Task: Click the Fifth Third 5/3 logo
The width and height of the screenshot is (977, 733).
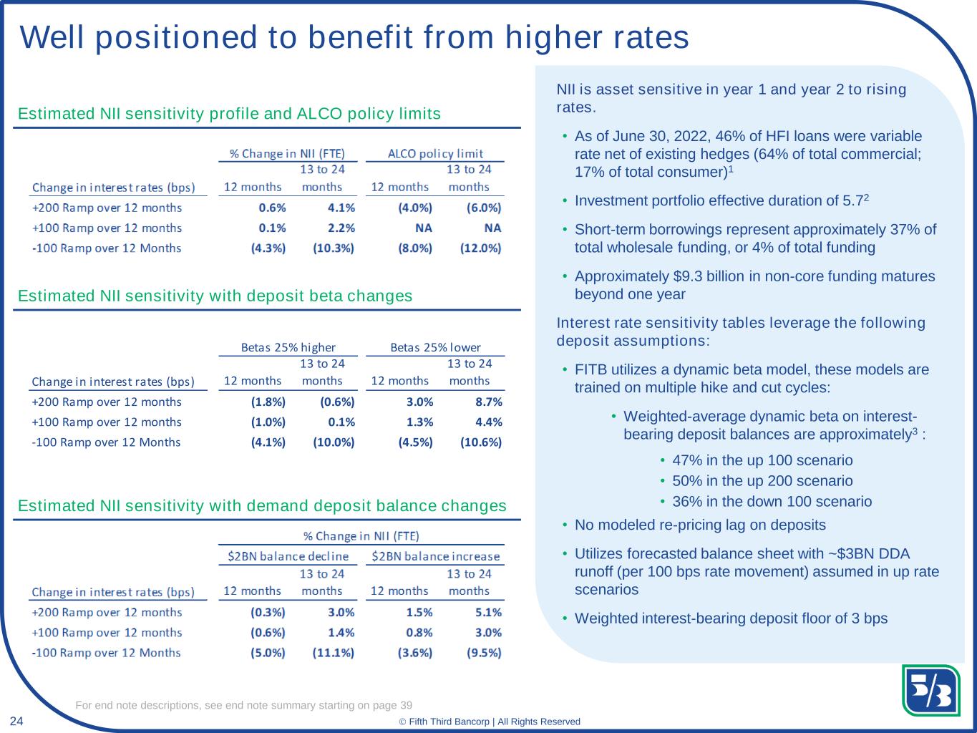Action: tap(930, 690)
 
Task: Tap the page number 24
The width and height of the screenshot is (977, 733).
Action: tap(16, 721)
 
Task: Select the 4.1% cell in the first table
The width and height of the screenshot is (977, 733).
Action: tap(341, 208)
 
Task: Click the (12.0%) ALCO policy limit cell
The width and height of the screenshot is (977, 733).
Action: tap(481, 248)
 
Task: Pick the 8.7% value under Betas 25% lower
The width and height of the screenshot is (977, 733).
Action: tap(489, 402)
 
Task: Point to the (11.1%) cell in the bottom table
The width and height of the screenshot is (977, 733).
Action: tap(334, 652)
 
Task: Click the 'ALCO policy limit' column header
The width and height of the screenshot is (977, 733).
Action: tap(435, 153)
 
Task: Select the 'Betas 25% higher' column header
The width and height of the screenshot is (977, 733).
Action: tap(288, 347)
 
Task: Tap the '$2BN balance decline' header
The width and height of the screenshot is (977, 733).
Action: tap(288, 556)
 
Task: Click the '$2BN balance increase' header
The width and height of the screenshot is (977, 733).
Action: tap(436, 556)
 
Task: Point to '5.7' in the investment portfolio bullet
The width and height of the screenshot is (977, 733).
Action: tap(852, 200)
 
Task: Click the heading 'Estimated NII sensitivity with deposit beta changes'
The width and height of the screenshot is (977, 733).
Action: tap(215, 296)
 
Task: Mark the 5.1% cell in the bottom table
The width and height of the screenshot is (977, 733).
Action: tap(488, 613)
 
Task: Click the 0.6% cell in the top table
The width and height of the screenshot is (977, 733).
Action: tap(273, 208)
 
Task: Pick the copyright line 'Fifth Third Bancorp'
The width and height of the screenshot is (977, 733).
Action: tap(449, 722)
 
